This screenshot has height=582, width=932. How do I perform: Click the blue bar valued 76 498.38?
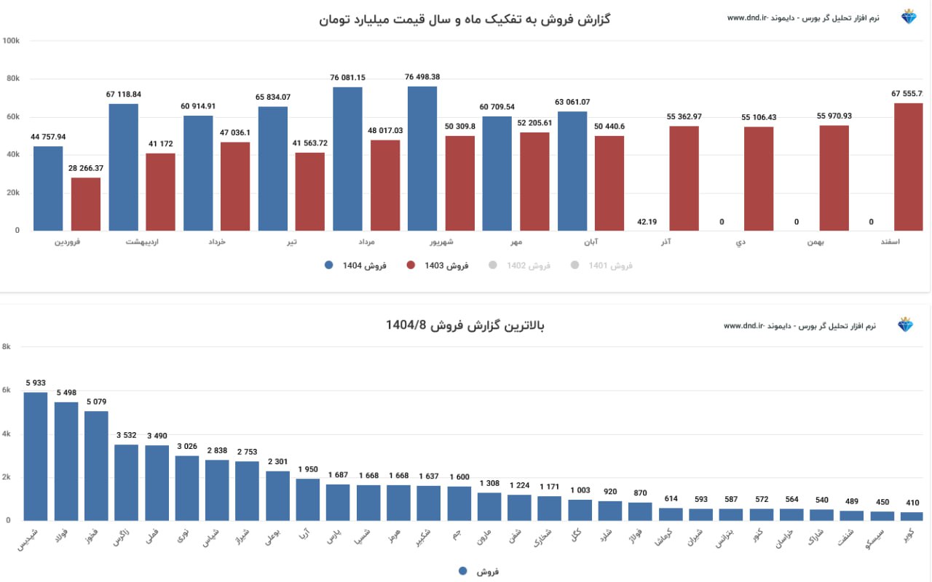(x=422, y=159)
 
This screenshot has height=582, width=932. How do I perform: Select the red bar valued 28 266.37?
(x=86, y=204)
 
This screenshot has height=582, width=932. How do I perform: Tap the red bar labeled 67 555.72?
(x=908, y=167)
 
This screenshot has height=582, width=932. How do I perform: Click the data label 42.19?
(x=647, y=222)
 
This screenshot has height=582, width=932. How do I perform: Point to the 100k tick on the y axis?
(x=12, y=41)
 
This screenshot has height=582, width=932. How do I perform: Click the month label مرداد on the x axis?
(x=368, y=242)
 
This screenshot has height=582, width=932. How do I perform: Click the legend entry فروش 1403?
(x=437, y=266)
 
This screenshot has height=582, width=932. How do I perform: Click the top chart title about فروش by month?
(x=465, y=20)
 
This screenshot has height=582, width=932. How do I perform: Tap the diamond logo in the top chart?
(x=909, y=17)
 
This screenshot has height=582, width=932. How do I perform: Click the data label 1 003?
(x=580, y=490)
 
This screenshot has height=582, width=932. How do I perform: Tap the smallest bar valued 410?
(x=912, y=517)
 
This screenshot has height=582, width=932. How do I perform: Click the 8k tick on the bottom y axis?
(x=7, y=347)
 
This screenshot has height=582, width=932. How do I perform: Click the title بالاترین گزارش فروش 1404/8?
(x=465, y=325)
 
